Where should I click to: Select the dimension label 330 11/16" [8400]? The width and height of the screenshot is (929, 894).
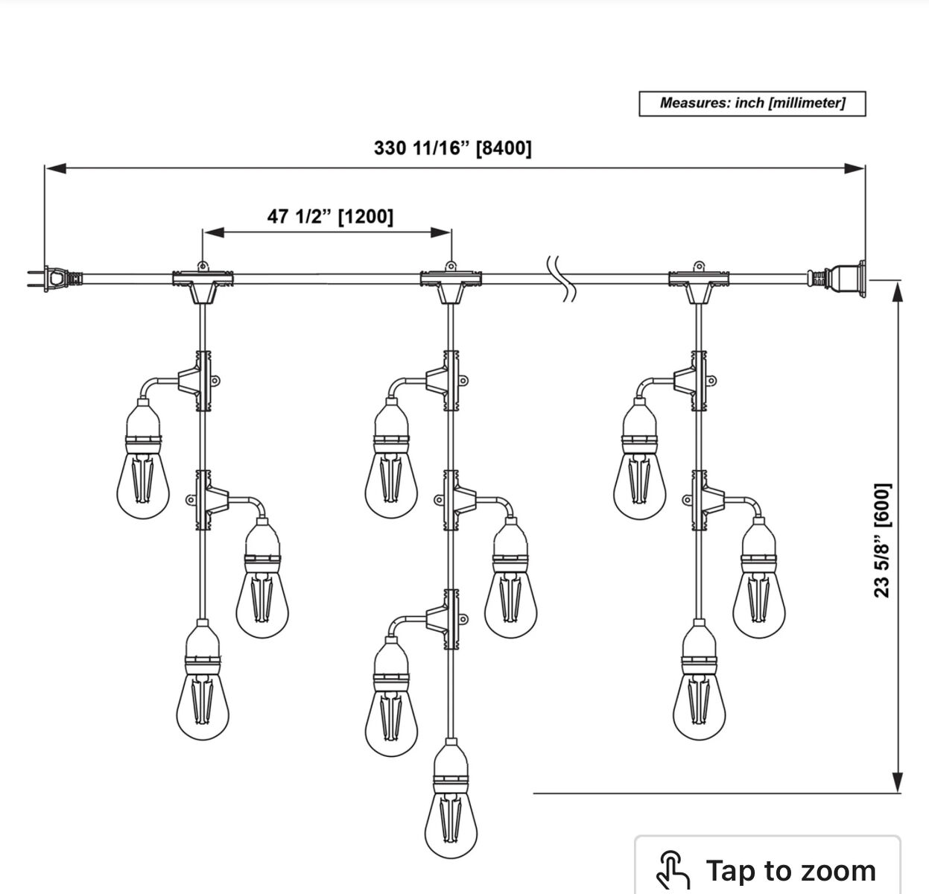pos(453,148)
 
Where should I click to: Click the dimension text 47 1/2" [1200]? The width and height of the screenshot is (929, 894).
pos(330,216)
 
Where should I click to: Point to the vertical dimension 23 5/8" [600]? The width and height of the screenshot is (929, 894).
pos(881,539)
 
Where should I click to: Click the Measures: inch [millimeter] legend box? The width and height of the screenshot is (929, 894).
pos(752,104)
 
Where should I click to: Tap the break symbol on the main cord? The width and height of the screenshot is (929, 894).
pos(561,279)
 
